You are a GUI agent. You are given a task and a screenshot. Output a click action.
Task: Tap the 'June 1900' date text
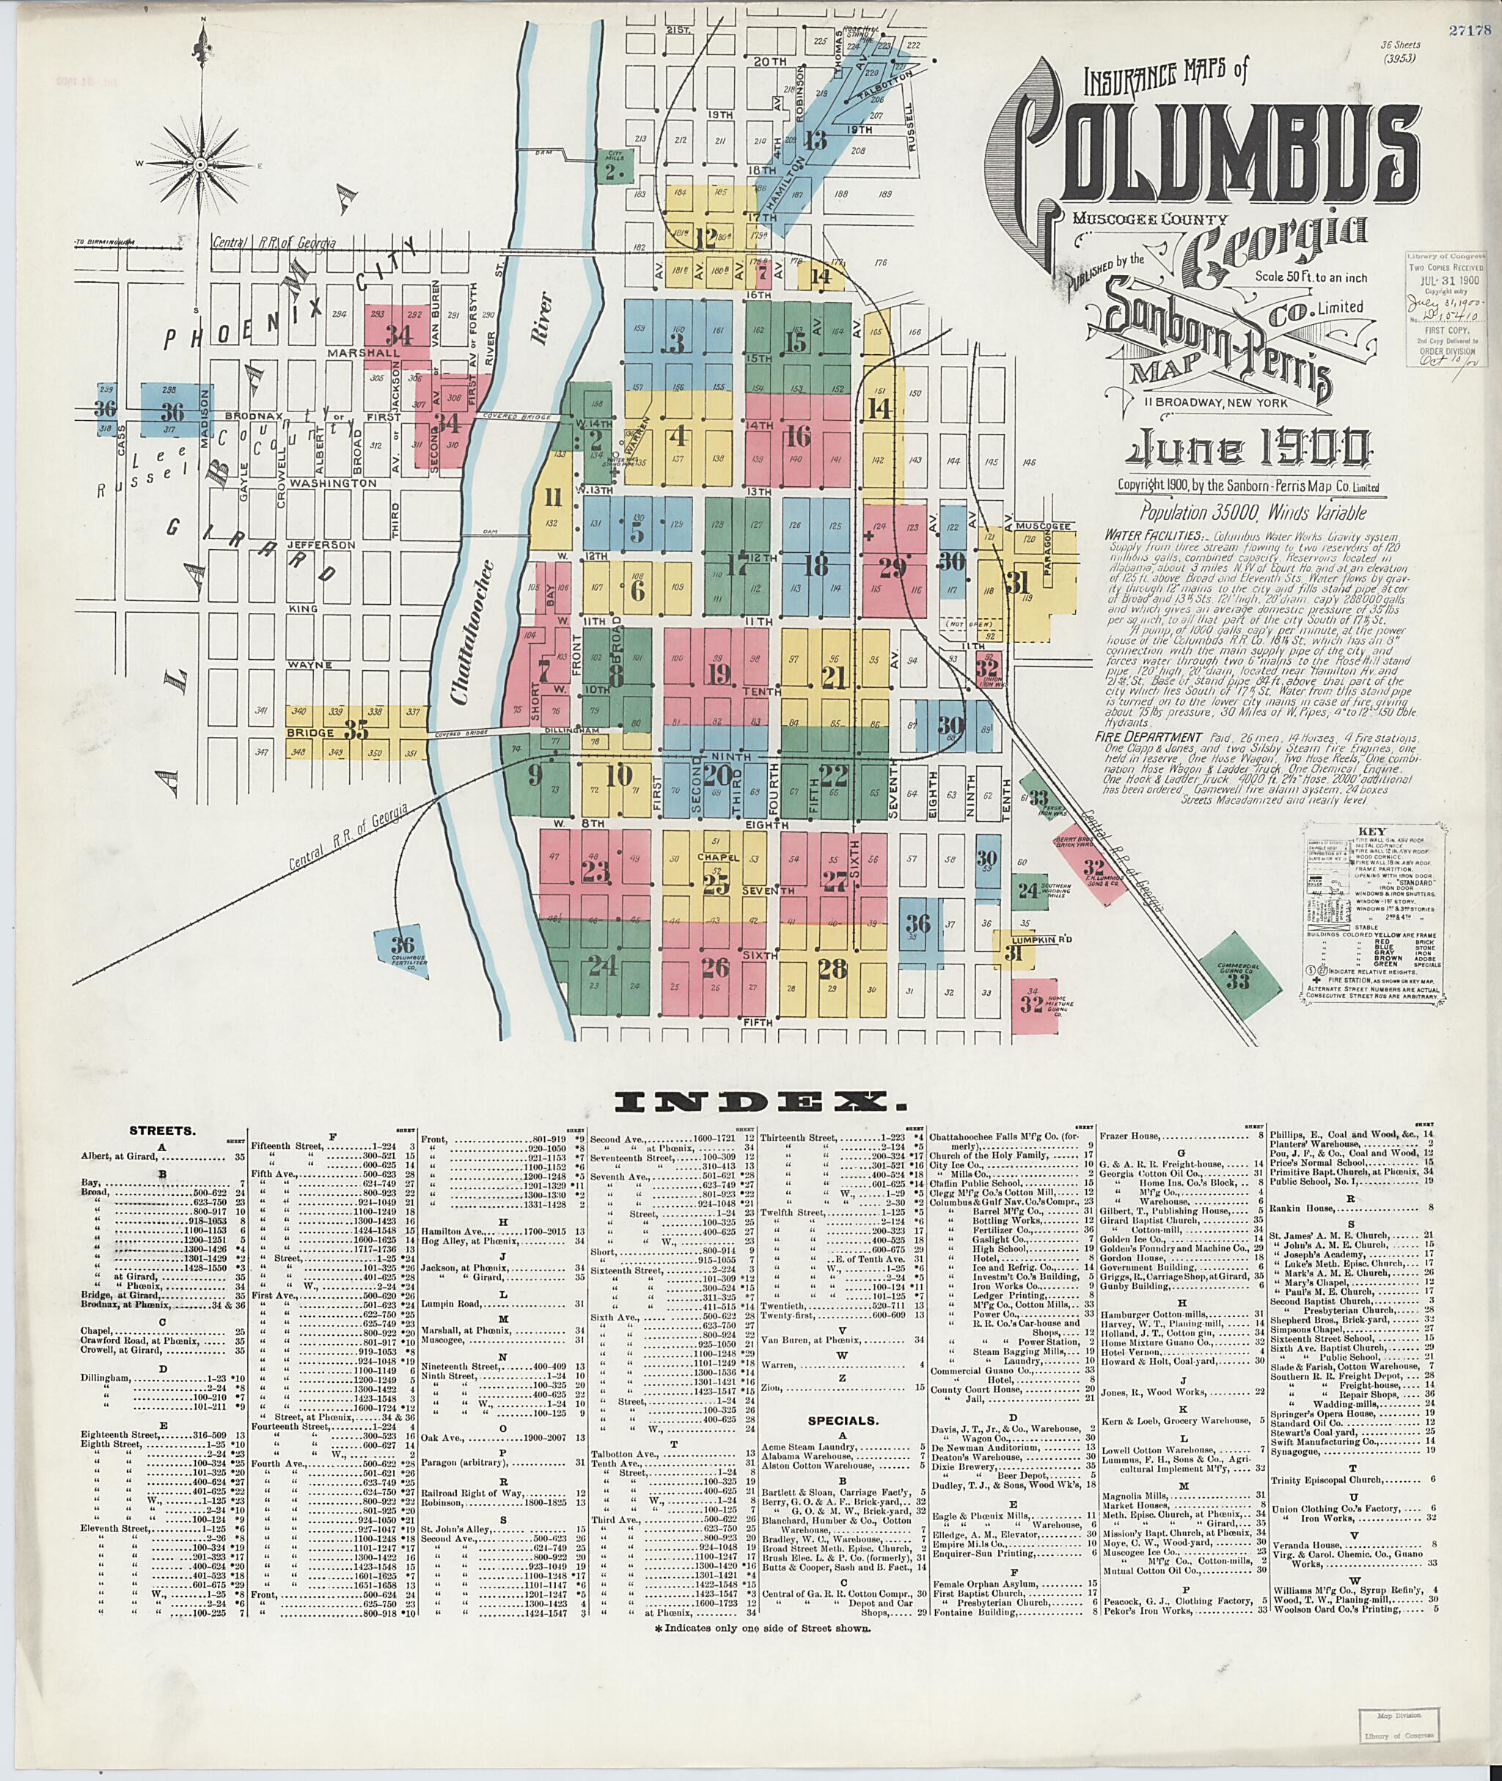click(x=1248, y=449)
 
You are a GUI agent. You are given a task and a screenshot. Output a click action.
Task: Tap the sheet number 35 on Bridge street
click(x=356, y=730)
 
